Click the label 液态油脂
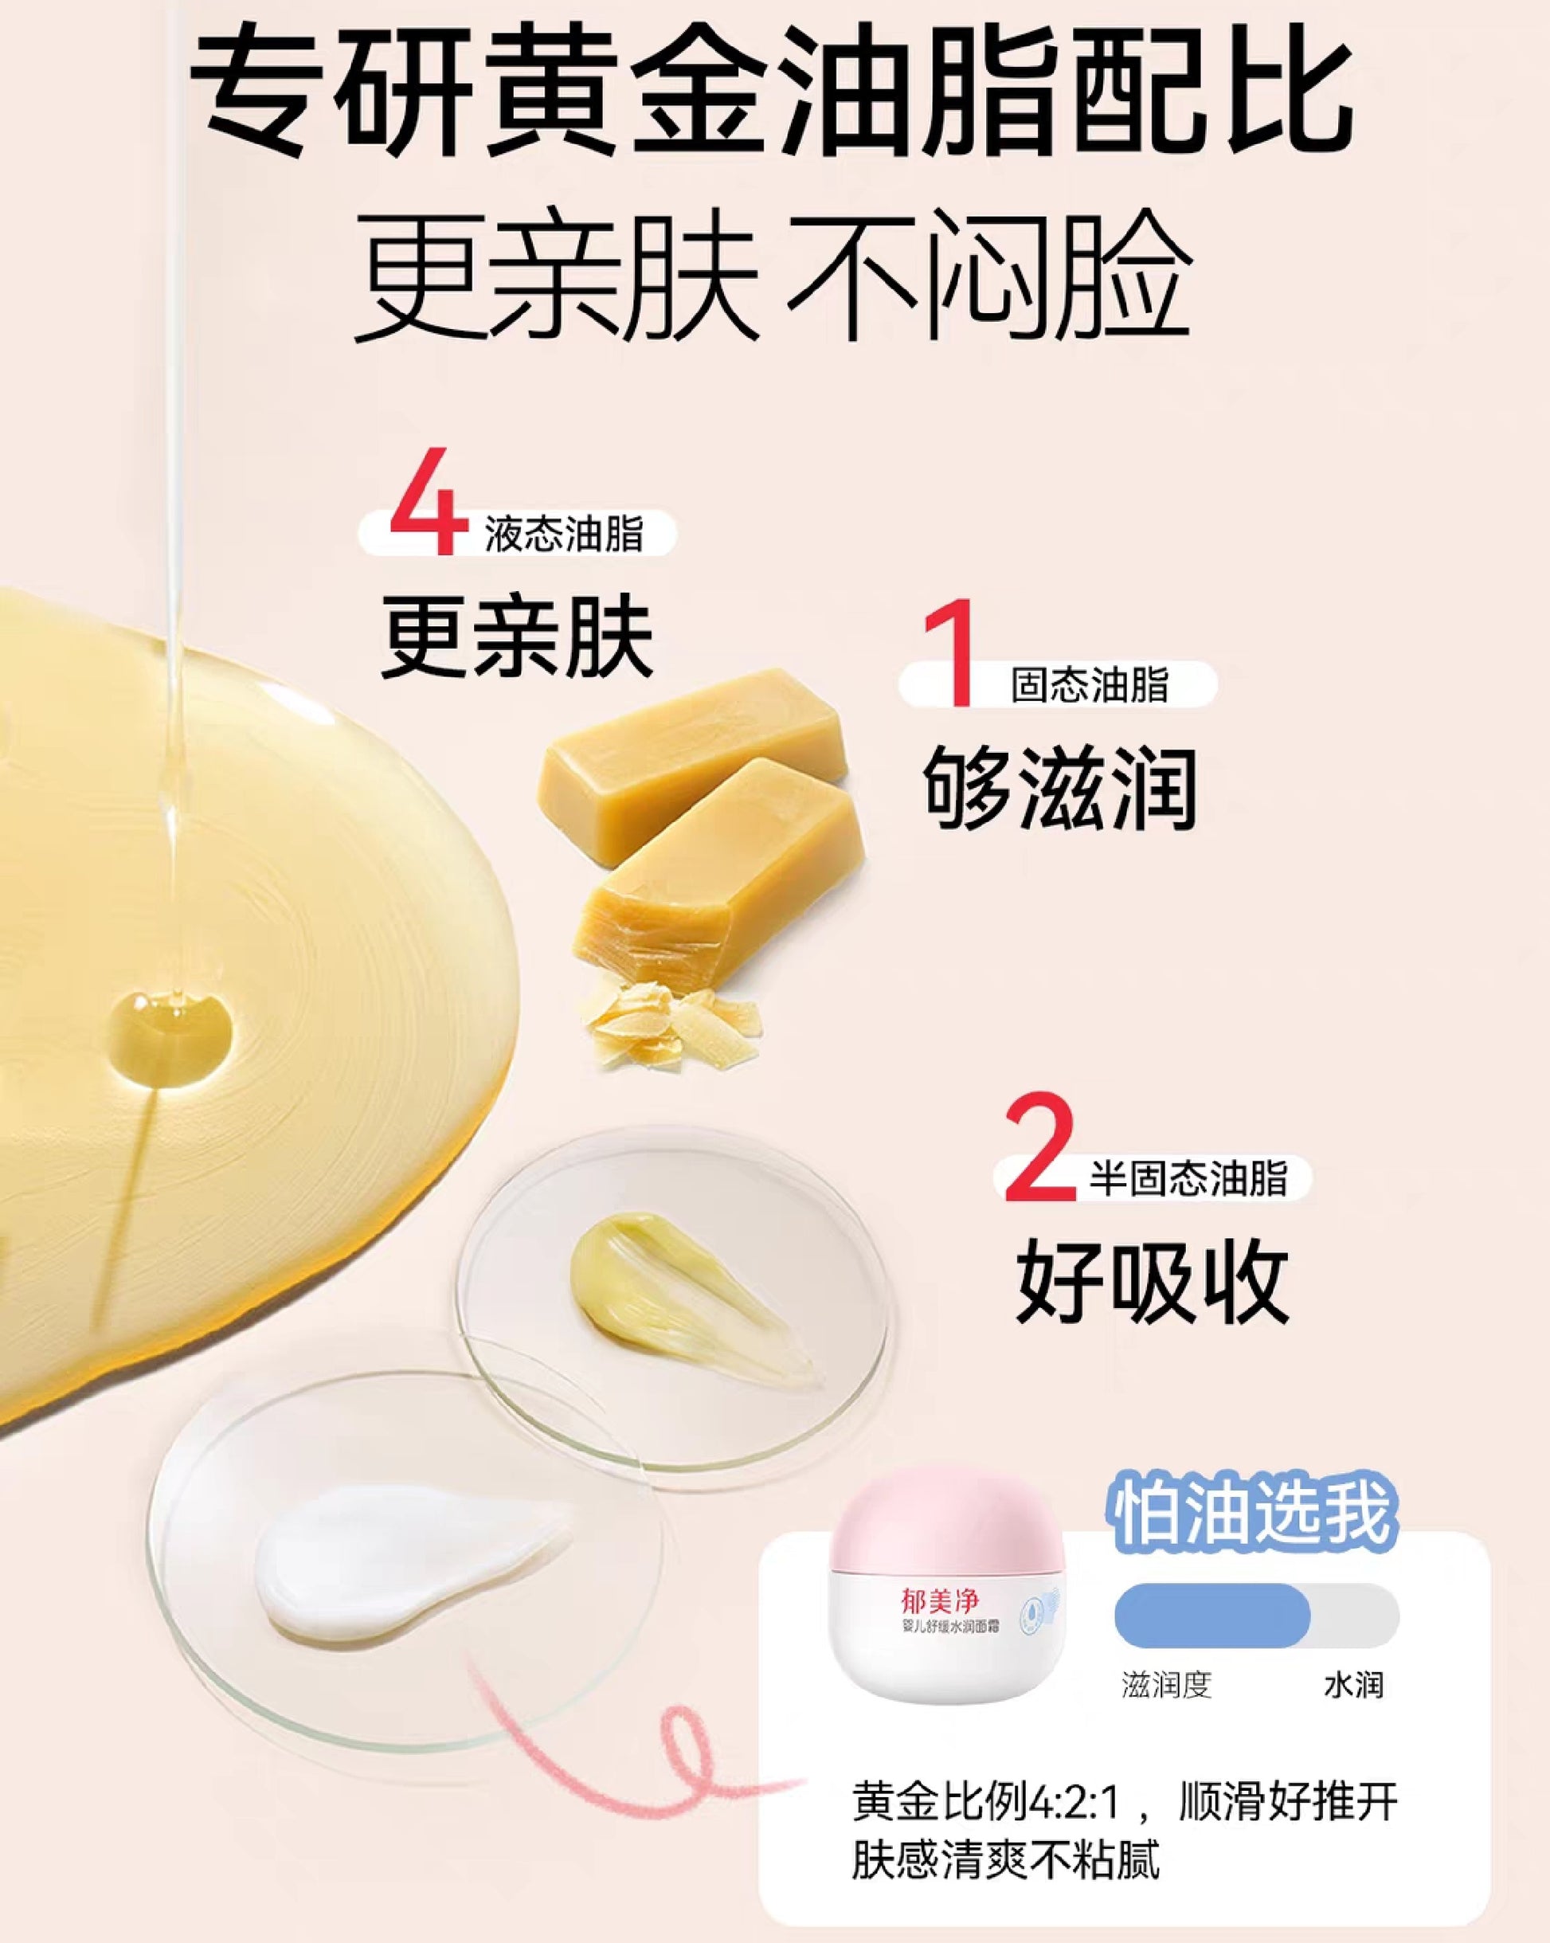(564, 534)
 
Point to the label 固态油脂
(1090, 685)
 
